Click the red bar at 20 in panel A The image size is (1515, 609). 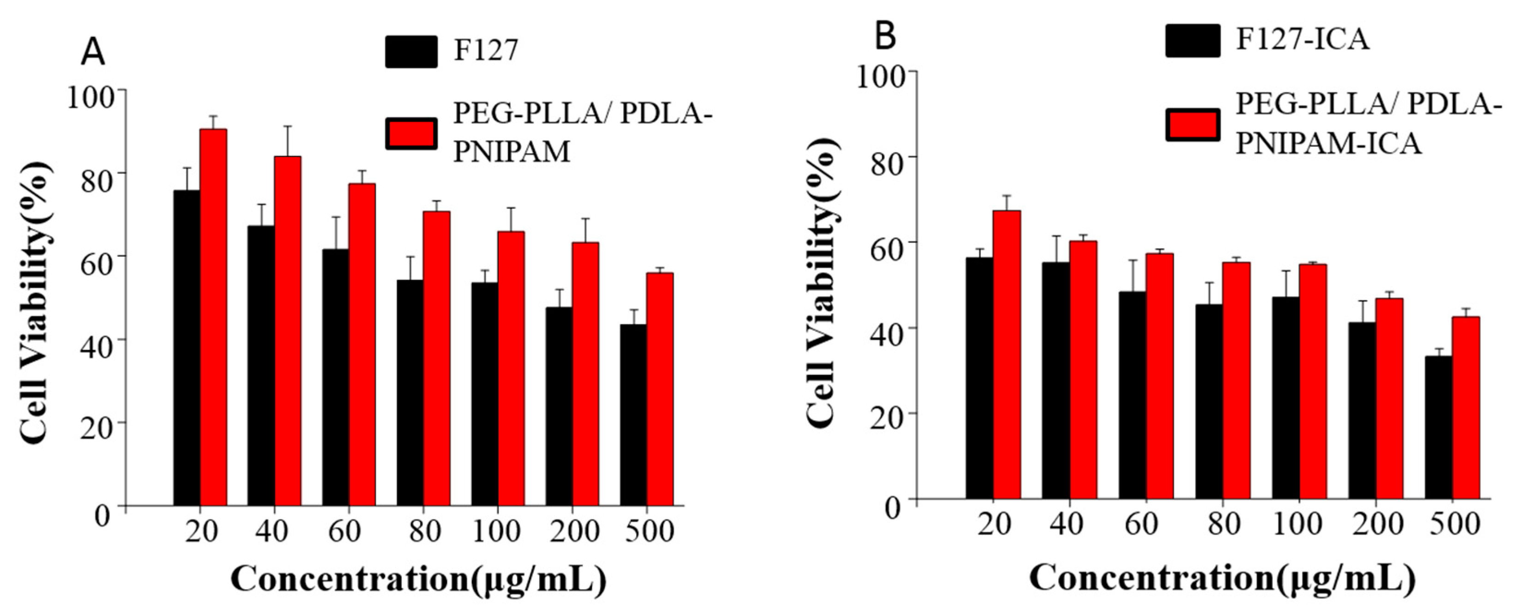tap(213, 318)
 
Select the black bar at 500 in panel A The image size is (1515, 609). tap(633, 415)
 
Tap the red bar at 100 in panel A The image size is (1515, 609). tap(511, 368)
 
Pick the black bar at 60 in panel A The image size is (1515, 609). tap(335, 377)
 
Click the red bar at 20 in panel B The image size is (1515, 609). tap(1007, 355)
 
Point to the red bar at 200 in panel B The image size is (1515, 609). tap(1389, 398)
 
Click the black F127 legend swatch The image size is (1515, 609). tap(411, 52)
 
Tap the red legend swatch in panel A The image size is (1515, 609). tap(411, 134)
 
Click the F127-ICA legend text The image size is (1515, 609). tap(1302, 40)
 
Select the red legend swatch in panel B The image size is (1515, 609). tap(1193, 125)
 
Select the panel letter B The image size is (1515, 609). tap(886, 36)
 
